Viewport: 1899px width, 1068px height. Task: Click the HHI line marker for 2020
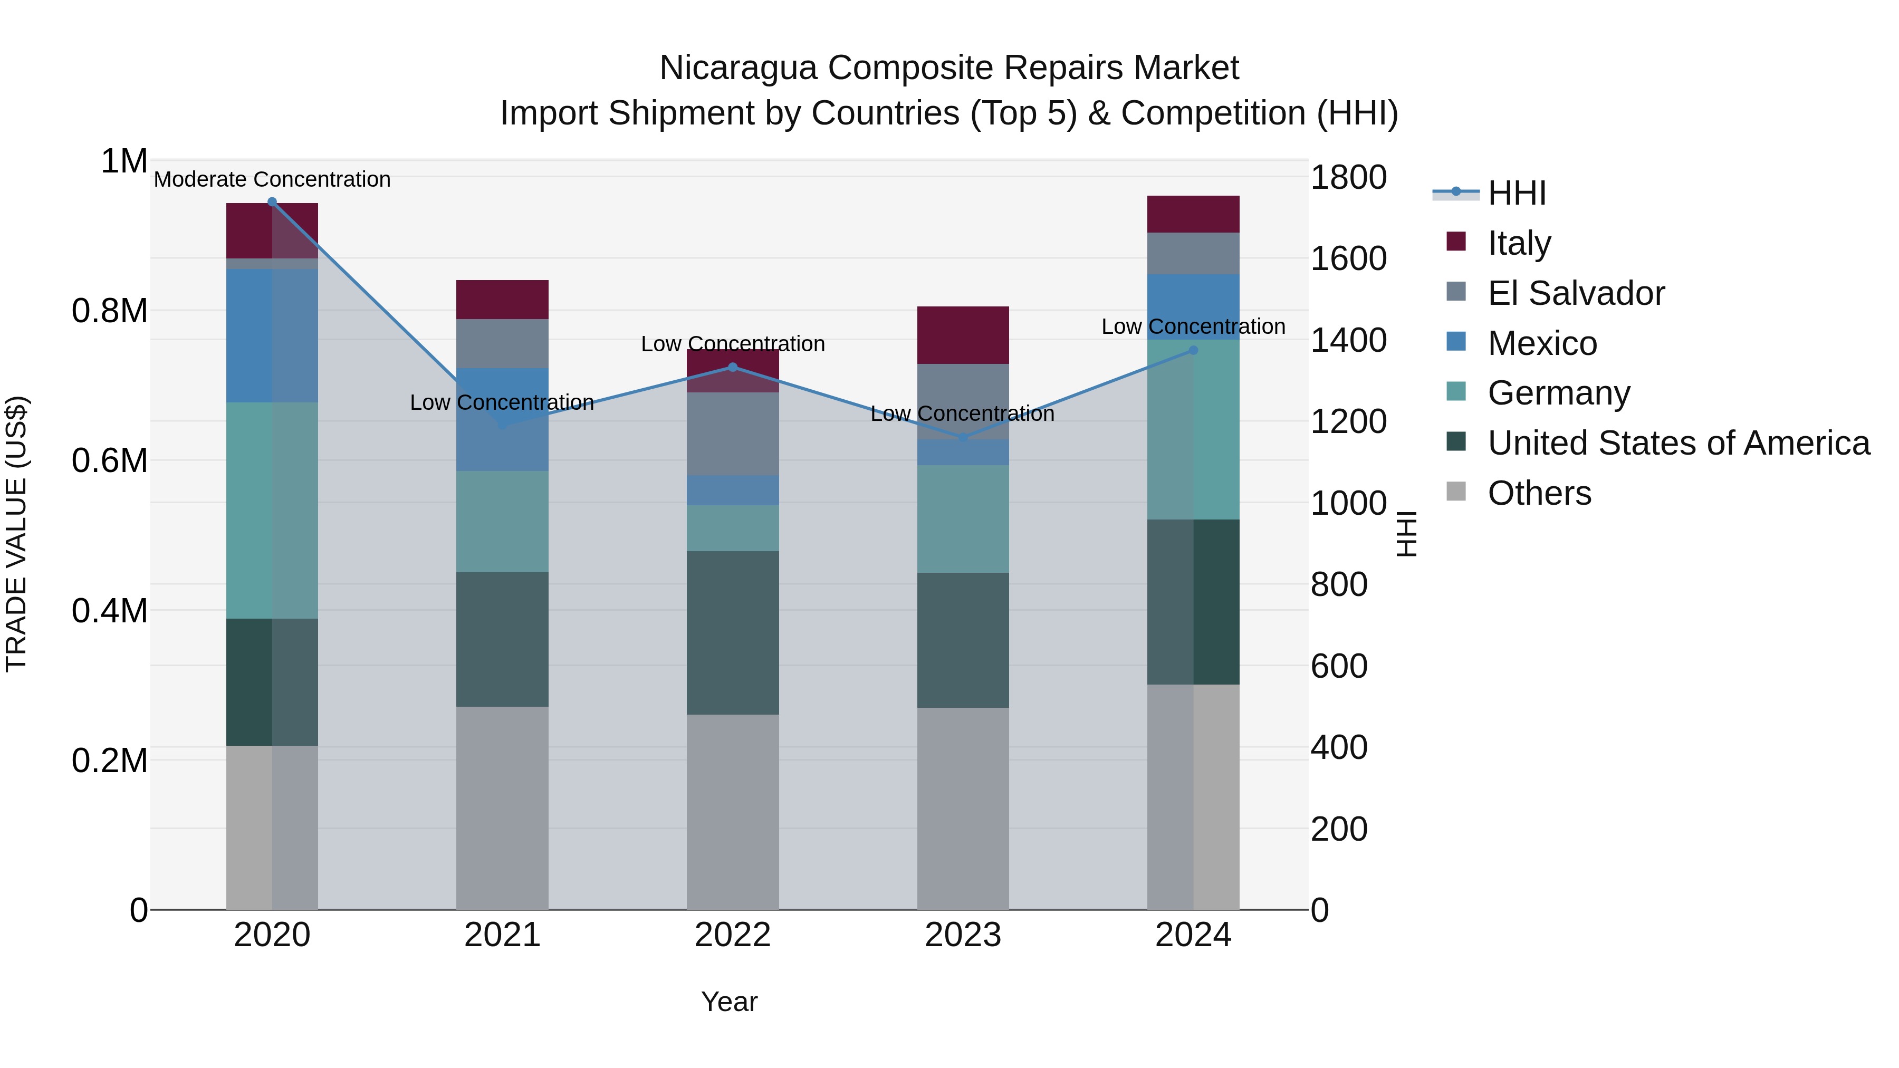[x=272, y=202]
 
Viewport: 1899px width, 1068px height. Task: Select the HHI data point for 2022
[x=733, y=367]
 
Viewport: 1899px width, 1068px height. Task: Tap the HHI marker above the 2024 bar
[x=1194, y=350]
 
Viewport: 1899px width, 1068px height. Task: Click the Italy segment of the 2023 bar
[x=963, y=335]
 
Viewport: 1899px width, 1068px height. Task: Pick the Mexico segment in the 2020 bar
[x=272, y=335]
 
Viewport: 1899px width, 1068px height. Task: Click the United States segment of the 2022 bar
[x=733, y=632]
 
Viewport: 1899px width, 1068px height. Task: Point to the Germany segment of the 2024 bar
[x=1194, y=430]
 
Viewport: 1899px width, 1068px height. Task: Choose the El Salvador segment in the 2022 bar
[x=733, y=434]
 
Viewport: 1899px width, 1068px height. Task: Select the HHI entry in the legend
[x=1517, y=193]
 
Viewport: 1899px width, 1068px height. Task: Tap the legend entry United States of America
[x=1678, y=443]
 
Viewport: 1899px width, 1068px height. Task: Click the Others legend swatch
[x=1456, y=492]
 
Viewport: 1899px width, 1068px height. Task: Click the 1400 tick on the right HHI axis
[x=1348, y=341]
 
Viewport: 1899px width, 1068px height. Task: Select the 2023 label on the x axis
[x=963, y=935]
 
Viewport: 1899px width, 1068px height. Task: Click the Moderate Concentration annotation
[x=272, y=179]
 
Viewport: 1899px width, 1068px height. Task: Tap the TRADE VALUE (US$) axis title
[x=16, y=534]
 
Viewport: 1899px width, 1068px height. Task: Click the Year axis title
[x=729, y=1002]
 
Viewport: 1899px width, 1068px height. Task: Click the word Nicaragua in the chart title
[x=738, y=68]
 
